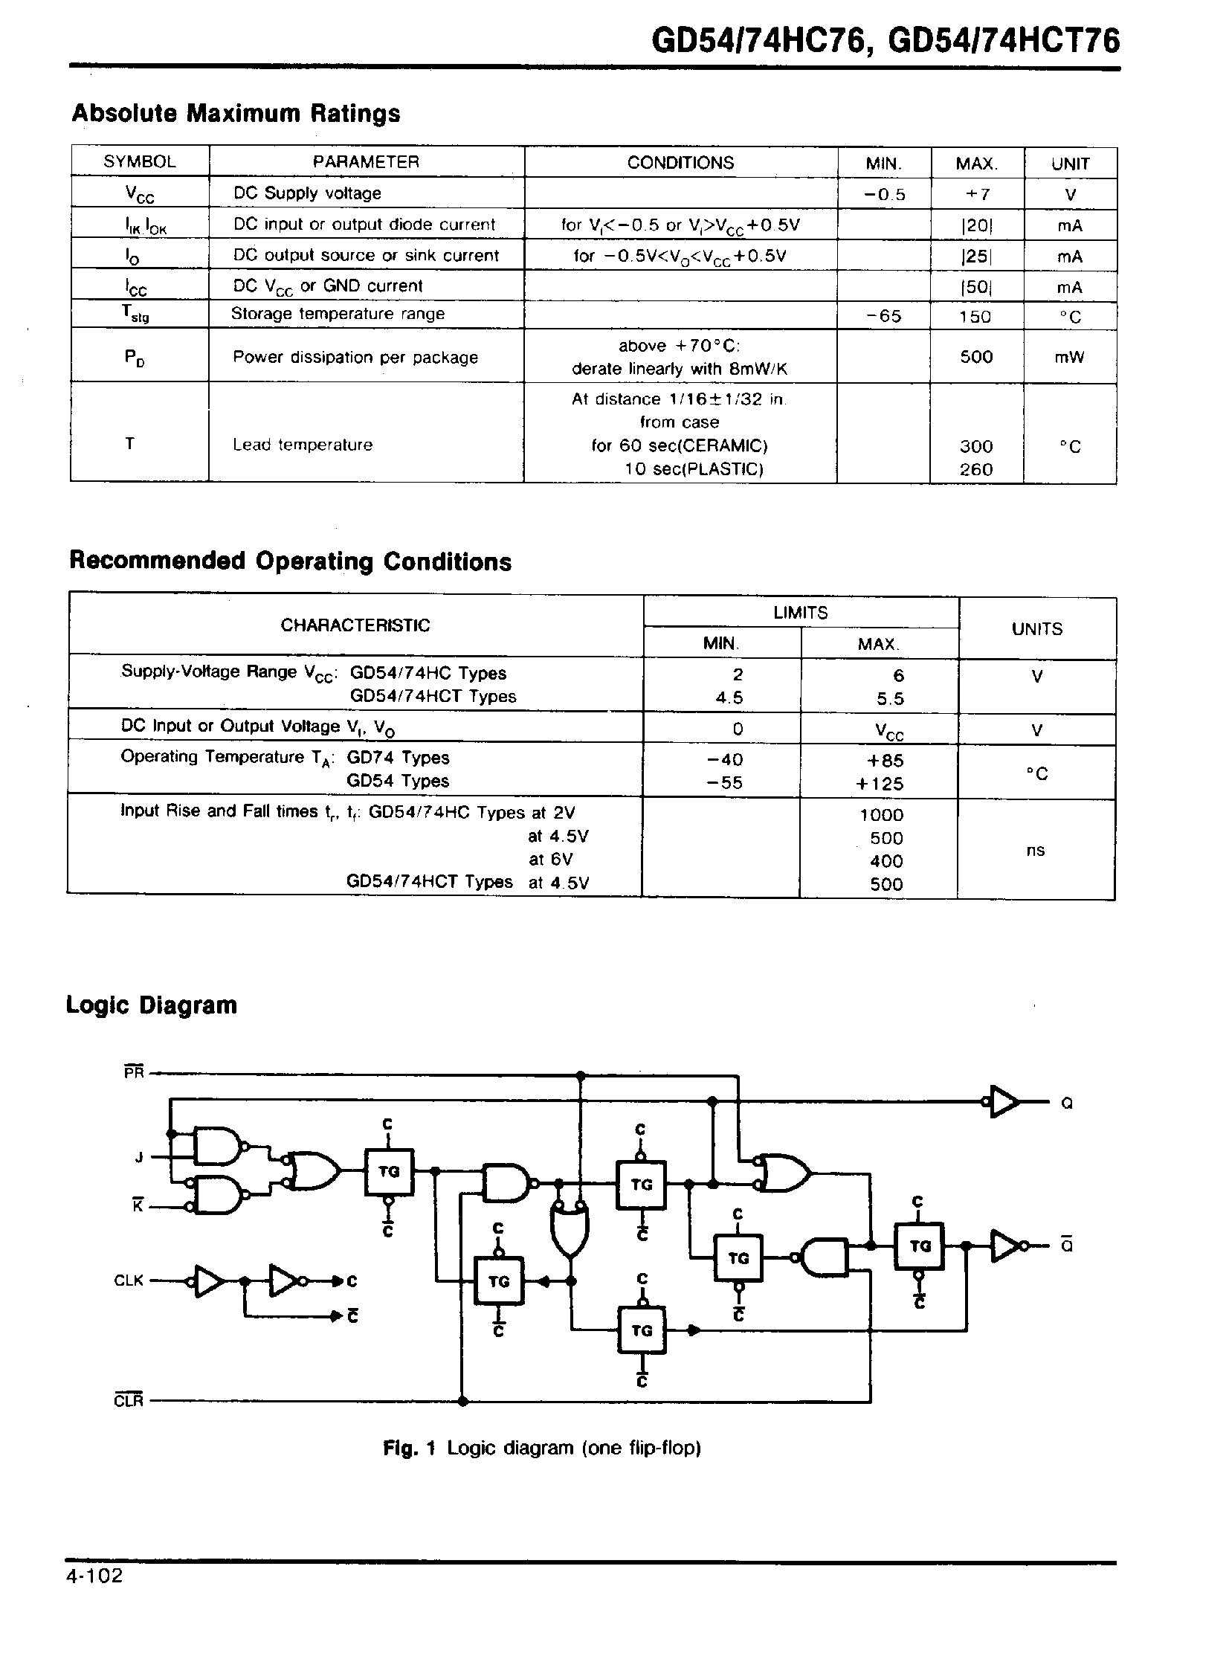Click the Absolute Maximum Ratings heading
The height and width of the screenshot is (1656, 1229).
(236, 113)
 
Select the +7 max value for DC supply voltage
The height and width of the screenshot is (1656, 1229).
(977, 195)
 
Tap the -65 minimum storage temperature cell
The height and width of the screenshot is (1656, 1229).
(884, 316)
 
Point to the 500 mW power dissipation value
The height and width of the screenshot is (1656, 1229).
(976, 357)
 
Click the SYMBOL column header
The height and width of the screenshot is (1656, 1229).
(140, 161)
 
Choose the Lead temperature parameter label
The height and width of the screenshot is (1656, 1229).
(303, 445)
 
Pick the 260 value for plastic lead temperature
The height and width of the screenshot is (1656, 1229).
(976, 469)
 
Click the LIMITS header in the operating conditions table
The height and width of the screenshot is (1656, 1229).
(801, 612)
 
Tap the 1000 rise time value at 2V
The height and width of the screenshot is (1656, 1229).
(882, 814)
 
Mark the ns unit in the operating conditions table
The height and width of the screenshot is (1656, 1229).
(1036, 851)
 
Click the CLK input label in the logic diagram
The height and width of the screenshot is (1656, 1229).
(129, 1280)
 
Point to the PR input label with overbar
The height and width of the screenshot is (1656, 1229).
(135, 1073)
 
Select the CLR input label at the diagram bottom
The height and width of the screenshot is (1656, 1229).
(129, 1402)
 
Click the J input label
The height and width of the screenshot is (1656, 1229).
(138, 1157)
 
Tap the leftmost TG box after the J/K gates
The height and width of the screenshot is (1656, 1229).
(389, 1172)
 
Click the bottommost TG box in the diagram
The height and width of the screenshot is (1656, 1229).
(642, 1330)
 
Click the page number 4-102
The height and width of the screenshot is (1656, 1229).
(94, 1576)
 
